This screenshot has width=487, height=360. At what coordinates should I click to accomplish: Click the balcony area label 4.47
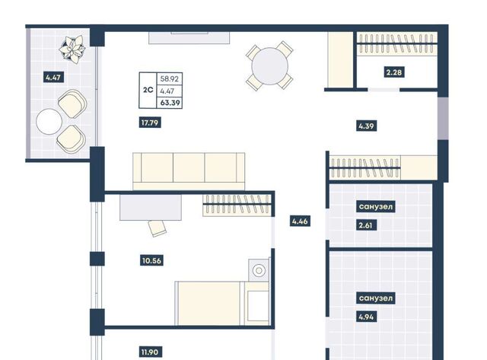53,77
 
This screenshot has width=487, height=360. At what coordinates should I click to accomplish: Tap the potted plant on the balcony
72,49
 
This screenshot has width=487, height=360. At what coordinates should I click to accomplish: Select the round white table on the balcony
49,122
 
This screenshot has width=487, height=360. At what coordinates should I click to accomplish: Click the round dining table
269,66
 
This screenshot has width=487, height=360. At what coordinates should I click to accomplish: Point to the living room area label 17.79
150,123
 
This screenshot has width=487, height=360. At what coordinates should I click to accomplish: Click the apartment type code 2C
148,90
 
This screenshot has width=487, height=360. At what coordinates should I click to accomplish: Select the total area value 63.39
170,103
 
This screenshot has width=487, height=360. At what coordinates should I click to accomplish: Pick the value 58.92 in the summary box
170,79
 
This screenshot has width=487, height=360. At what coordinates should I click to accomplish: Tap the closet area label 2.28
394,72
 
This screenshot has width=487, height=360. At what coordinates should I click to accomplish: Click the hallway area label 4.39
367,126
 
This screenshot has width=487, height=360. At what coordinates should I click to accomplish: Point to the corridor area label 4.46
300,221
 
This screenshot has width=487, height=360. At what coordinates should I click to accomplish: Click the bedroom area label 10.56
151,260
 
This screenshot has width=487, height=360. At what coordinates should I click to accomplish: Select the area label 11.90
150,352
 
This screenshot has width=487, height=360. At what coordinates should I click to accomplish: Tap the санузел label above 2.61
375,206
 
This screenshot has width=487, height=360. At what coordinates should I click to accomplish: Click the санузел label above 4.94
376,298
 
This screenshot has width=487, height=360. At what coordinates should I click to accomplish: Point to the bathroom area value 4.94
367,317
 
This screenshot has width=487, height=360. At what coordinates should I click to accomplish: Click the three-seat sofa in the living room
189,170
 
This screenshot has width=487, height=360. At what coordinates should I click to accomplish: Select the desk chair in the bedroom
158,228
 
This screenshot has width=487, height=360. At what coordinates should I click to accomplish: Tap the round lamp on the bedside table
259,270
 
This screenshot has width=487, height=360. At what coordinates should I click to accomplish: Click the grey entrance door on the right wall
443,118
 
